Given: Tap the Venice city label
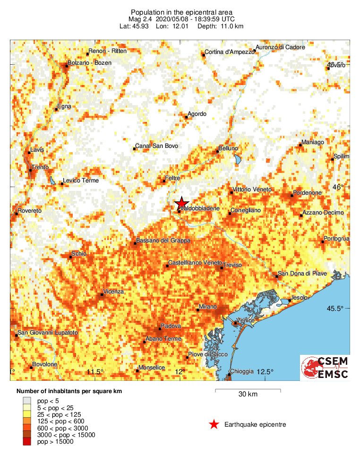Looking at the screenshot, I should coord(245,320).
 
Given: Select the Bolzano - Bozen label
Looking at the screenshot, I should coord(87,63).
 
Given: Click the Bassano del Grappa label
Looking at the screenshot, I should coord(163,241).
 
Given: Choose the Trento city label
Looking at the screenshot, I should coord(40,167).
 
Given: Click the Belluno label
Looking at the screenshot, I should coord(229,149).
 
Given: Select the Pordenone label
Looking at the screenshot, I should coord(307,193).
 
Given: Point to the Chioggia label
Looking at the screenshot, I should coord(241,371).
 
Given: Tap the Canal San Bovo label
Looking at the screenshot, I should coord(156,146).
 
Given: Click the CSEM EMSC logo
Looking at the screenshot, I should coord(325,368).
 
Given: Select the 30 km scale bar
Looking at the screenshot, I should coord(248,390).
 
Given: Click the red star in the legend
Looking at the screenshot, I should coord(214,424).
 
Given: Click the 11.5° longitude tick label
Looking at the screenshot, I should coord(95,372).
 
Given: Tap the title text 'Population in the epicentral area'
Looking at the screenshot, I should coord(181,12).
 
